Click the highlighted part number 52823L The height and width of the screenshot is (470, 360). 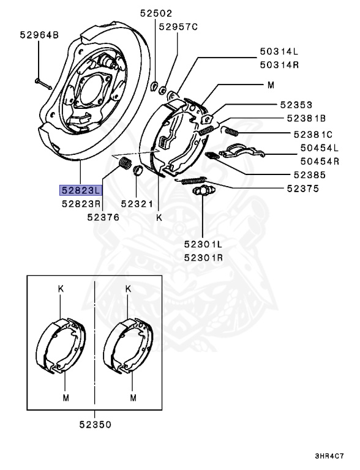pos(81,190)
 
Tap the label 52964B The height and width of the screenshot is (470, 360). pos(38,37)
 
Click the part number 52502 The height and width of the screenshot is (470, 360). pos(156,13)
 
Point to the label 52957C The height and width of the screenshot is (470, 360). pos(179,27)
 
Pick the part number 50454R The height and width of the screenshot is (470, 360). pos(320,162)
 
